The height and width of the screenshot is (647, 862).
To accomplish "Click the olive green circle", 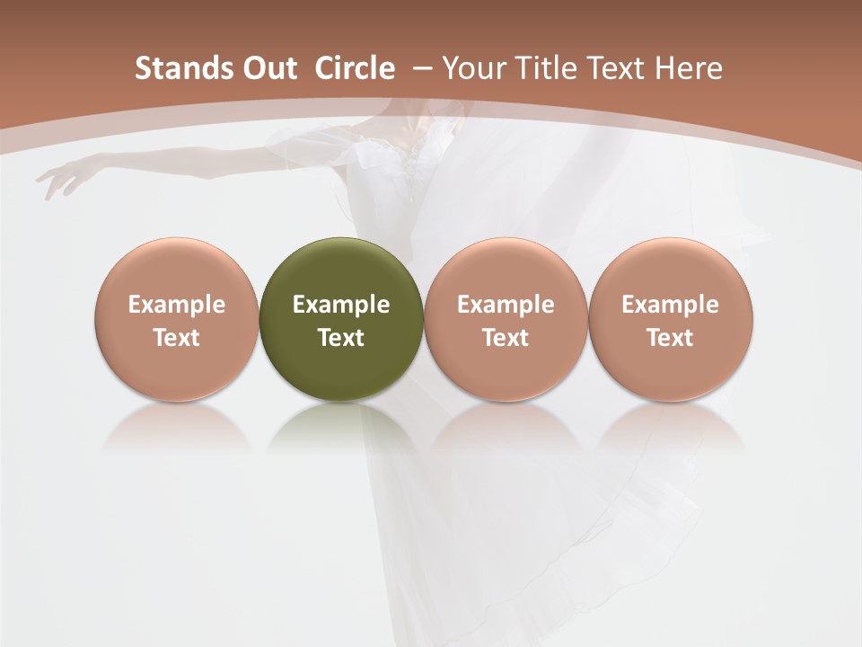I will point(341,319).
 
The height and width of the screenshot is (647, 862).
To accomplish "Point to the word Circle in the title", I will point(355,68).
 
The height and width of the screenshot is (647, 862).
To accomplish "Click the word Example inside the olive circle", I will point(341,305).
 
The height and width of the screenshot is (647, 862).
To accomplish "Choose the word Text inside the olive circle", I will point(341,338).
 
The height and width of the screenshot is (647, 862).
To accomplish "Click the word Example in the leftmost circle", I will point(177,305).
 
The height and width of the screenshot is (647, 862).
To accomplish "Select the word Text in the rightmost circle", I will point(670,338).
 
